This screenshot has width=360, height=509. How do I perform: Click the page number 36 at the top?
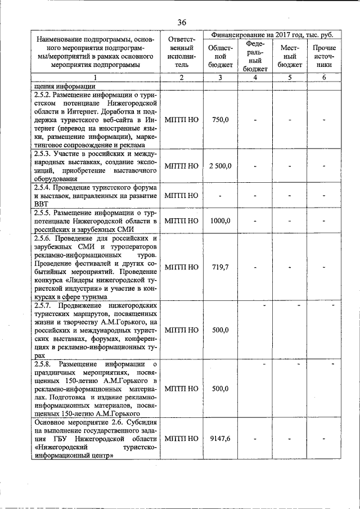(x=182, y=22)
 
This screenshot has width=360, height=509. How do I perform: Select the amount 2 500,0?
(x=220, y=165)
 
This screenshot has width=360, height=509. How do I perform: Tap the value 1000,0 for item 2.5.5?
(x=220, y=220)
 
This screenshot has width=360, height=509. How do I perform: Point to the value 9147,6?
(x=220, y=438)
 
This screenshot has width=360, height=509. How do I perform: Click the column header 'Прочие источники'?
(x=324, y=56)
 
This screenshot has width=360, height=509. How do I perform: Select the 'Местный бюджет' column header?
(x=290, y=56)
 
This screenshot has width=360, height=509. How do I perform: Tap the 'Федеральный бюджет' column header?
(x=255, y=56)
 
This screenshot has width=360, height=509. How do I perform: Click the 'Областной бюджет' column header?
(x=220, y=56)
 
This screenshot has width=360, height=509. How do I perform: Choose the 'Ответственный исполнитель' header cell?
(x=182, y=52)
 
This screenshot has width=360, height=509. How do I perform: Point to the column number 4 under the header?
(x=255, y=78)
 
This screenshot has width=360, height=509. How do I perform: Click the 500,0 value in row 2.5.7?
(x=220, y=330)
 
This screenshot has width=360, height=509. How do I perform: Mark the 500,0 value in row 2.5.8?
(x=220, y=389)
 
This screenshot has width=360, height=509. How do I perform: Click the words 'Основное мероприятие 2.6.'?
(x=79, y=422)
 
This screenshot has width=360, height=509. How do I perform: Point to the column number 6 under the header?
(x=324, y=78)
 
